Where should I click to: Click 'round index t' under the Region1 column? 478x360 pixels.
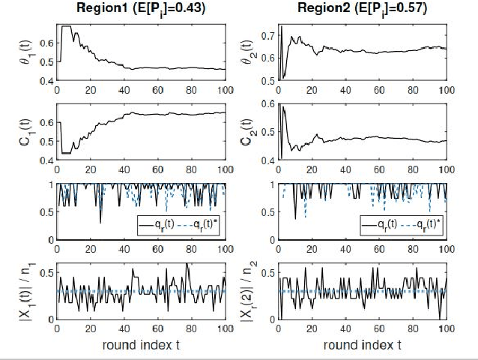pyautogui.click(x=141, y=344)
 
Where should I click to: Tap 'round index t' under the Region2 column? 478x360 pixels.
pyautogui.click(x=362, y=344)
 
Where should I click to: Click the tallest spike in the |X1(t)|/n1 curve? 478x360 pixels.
pyautogui.click(x=187, y=265)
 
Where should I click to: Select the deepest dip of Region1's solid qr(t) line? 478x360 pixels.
pyautogui.click(x=100, y=222)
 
